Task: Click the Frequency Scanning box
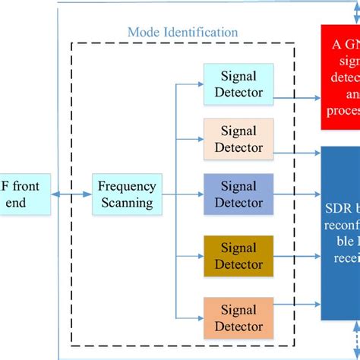point(127,194)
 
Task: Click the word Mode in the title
point(144,32)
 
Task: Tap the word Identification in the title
point(201,32)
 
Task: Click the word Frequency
point(128,187)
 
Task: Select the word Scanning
point(128,203)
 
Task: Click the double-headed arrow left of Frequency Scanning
point(71,194)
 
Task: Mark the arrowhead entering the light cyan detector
point(201,84)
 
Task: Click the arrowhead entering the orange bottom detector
point(201,317)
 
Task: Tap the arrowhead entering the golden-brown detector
point(201,256)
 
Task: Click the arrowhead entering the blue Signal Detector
point(201,194)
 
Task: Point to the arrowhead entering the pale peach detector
point(201,139)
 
